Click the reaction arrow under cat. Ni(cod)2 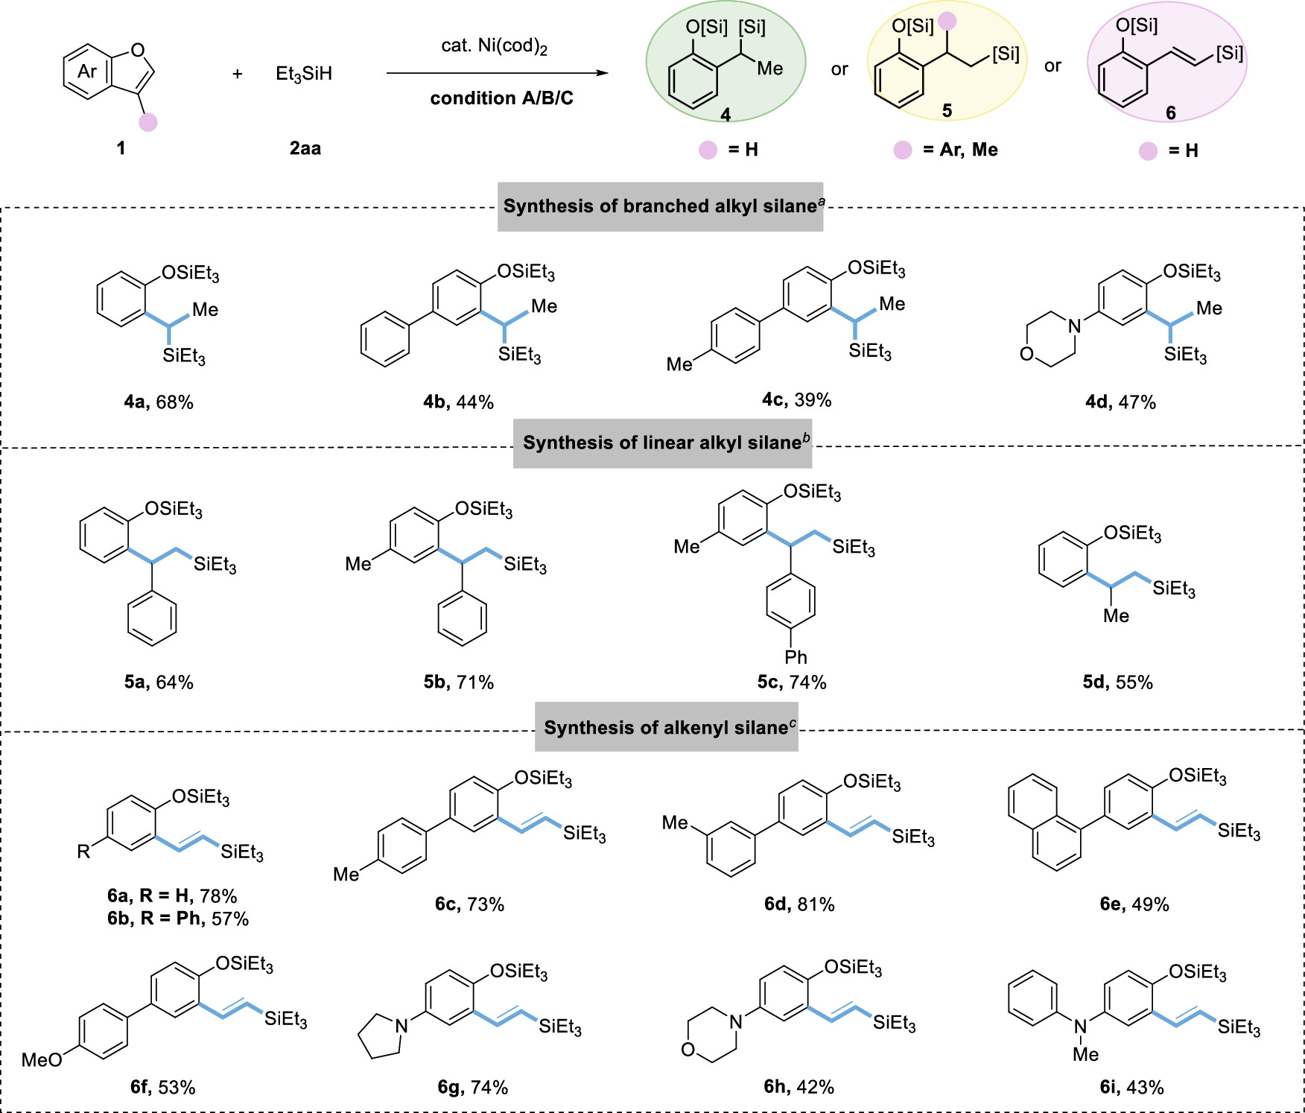click(497, 73)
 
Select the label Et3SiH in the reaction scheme click(304, 74)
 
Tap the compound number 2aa click(305, 148)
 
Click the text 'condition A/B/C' click(501, 98)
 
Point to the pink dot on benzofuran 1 click(148, 121)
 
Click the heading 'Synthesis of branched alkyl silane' click(660, 206)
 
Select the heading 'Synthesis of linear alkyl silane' click(662, 443)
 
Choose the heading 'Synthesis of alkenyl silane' click(666, 727)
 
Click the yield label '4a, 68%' click(159, 402)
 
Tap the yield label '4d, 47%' click(1120, 402)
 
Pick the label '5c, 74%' click(792, 682)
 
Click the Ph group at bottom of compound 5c click(796, 657)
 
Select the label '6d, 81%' click(799, 904)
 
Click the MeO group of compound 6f click(42, 1059)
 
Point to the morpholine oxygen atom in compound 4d click(1027, 354)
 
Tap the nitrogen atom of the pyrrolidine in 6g click(402, 1026)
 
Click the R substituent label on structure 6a click(83, 852)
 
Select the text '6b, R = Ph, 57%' click(177, 919)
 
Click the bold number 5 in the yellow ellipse click(947, 111)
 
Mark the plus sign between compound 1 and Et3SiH click(238, 74)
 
